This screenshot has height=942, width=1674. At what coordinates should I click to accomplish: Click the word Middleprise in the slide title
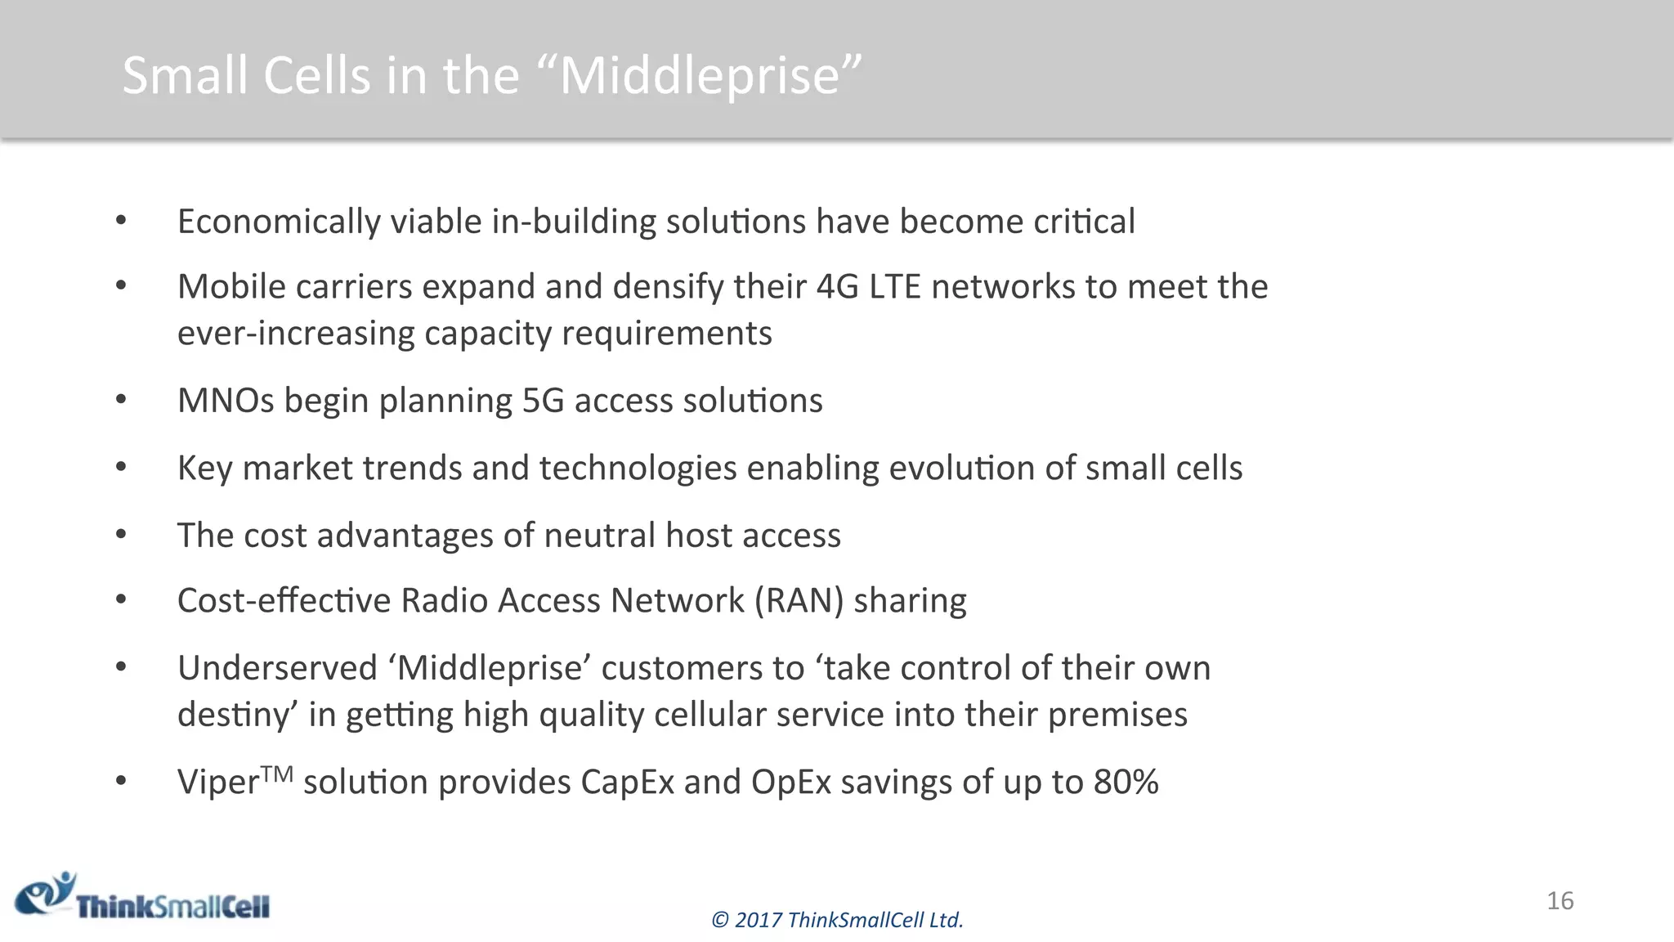point(700,75)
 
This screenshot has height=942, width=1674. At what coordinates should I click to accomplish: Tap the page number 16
point(1560,900)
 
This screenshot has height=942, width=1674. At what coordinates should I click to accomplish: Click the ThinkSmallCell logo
point(143,897)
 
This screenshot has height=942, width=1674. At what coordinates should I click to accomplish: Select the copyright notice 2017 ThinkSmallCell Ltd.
point(837,920)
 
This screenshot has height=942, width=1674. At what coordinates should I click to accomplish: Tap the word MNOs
point(226,401)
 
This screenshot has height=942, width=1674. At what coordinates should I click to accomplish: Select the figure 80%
point(1126,782)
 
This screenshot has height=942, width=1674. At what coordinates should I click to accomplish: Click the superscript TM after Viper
point(278,773)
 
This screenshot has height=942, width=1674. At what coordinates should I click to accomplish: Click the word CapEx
point(627,782)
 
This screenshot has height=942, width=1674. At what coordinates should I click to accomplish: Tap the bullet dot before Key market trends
point(121,467)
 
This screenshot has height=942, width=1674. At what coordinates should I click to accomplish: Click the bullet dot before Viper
point(121,781)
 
